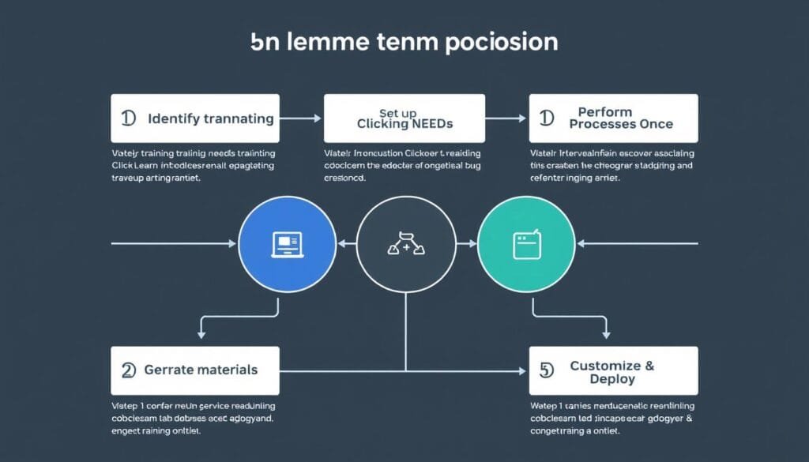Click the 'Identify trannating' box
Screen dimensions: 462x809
point(195,118)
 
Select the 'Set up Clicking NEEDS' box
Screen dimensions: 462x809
point(404,118)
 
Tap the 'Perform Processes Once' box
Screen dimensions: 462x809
point(613,118)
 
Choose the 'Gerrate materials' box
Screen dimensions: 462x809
point(195,370)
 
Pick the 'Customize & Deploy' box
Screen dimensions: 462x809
point(613,371)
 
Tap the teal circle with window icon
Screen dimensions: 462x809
point(526,244)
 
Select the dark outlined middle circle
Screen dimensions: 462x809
point(406,244)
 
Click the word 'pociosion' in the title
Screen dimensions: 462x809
point(502,42)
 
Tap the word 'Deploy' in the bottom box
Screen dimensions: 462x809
point(612,379)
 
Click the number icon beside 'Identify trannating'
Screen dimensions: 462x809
point(129,118)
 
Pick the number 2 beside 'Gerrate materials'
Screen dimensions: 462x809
point(129,370)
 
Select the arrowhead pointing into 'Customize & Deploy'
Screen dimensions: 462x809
point(522,370)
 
